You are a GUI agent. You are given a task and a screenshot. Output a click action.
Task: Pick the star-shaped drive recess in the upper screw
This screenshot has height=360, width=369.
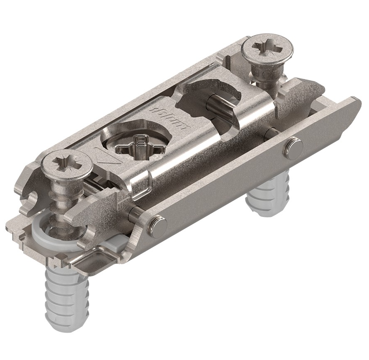(x=267, y=46)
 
